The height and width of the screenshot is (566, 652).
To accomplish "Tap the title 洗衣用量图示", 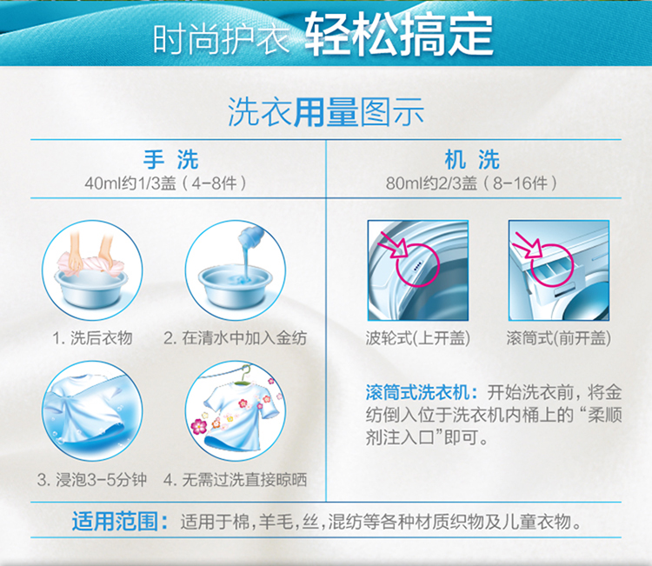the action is pyautogui.click(x=326, y=112).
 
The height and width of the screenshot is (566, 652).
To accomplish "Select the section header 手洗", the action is pyautogui.click(x=171, y=160).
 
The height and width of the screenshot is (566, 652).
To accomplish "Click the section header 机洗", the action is pyautogui.click(x=472, y=160).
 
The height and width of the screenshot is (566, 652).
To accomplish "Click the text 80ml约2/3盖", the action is pyautogui.click(x=431, y=183).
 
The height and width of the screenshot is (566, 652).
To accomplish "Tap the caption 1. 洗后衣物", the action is pyautogui.click(x=92, y=338).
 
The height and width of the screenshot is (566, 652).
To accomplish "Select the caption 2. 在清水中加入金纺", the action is pyautogui.click(x=236, y=338).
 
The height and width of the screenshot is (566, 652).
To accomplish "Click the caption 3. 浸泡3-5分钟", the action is pyautogui.click(x=92, y=480).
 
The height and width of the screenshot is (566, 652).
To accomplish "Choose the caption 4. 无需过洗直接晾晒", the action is pyautogui.click(x=236, y=480).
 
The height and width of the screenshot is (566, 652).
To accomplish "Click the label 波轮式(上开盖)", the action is pyautogui.click(x=418, y=338).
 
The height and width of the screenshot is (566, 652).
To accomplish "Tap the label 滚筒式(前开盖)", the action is pyautogui.click(x=559, y=338).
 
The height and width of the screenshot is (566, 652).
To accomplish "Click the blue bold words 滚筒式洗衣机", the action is pyautogui.click(x=418, y=392).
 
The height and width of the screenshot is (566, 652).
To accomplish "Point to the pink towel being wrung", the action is pyautogui.click(x=90, y=263).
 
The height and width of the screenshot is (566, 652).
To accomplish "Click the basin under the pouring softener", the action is pyautogui.click(x=236, y=288).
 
